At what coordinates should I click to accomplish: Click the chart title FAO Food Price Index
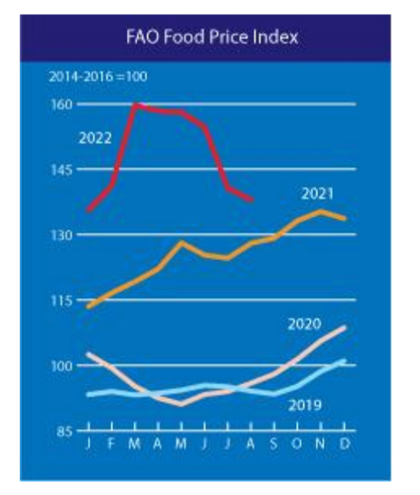pyautogui.click(x=212, y=37)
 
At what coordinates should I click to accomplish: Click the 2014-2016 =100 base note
pyautogui.click(x=98, y=77)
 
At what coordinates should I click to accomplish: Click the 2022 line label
pyautogui.click(x=95, y=138)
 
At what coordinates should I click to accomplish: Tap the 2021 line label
pyautogui.click(x=317, y=194)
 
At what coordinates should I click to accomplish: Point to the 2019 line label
pyautogui.click(x=305, y=405)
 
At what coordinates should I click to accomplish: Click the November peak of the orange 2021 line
pyautogui.click(x=320, y=211)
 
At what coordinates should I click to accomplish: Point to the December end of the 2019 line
pyautogui.click(x=344, y=361)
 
